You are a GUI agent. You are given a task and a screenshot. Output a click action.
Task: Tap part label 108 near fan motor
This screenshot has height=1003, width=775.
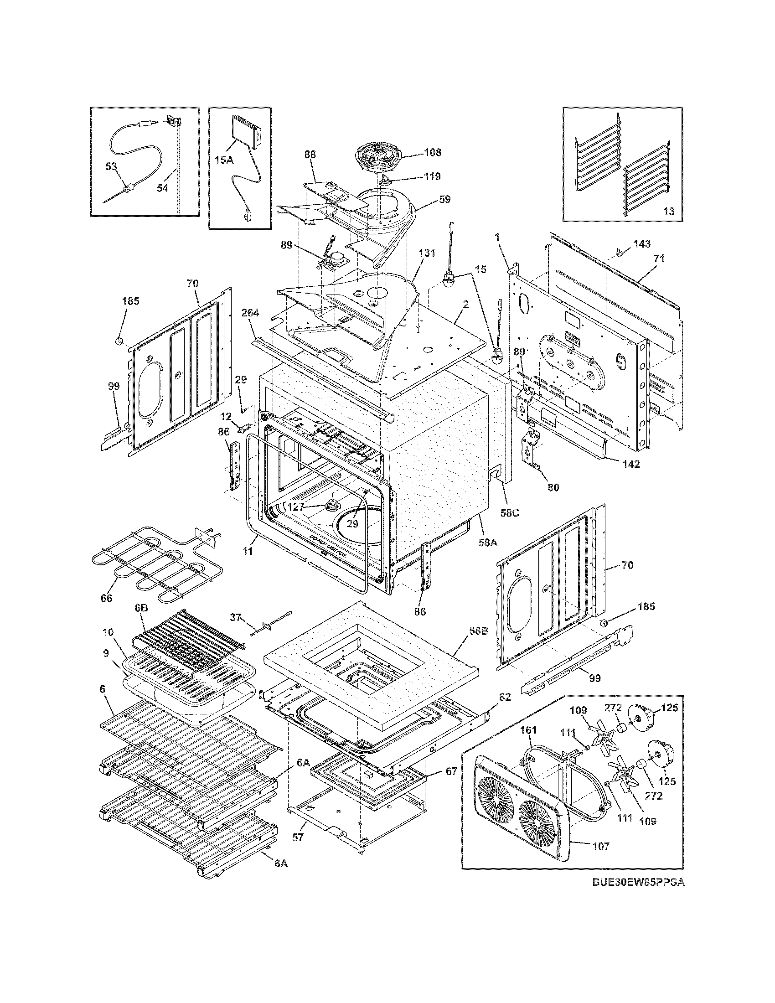(x=432, y=152)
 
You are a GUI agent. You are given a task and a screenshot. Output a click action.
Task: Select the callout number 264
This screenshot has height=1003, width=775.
(x=250, y=313)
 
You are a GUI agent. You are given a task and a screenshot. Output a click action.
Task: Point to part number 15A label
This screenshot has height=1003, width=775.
(x=223, y=160)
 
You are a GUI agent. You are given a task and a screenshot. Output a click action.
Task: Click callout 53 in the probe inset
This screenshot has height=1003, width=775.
(x=111, y=166)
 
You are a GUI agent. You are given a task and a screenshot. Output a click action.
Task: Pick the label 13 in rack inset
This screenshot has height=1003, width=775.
(x=669, y=211)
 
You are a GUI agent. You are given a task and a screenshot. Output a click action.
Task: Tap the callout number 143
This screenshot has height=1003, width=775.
(x=641, y=244)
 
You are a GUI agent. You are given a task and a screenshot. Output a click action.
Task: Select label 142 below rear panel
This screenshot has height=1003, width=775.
(x=631, y=464)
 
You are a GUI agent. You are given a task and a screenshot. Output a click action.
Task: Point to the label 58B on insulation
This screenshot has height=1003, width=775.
(x=479, y=631)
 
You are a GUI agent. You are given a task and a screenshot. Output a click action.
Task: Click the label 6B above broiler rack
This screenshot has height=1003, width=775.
(x=141, y=608)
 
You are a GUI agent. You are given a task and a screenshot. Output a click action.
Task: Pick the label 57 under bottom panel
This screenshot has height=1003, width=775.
(x=298, y=837)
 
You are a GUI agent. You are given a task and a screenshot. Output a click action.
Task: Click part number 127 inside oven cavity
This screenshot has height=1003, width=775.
(x=296, y=507)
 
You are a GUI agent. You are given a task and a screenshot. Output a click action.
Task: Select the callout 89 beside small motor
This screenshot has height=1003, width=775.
(x=286, y=246)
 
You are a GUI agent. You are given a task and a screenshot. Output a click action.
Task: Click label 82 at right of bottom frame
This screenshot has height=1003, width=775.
(x=505, y=697)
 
